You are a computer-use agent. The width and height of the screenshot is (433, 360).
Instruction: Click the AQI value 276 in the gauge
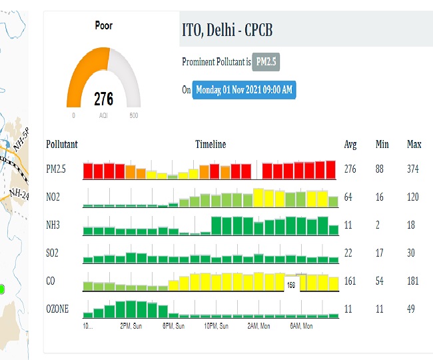point(103,99)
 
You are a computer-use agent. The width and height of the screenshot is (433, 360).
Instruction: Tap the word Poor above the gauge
point(103,26)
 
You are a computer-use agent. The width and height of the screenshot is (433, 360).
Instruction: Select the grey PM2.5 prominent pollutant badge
point(266,62)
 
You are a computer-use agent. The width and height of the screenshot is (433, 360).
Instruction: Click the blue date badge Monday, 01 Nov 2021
point(244,89)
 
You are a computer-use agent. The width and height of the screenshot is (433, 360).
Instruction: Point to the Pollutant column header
point(62,144)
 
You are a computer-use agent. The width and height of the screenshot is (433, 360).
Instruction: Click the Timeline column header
point(211,144)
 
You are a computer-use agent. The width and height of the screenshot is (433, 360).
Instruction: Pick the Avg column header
point(350,144)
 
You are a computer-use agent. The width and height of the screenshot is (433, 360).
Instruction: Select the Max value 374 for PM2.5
point(413,169)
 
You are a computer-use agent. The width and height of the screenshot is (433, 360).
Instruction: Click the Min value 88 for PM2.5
point(380,169)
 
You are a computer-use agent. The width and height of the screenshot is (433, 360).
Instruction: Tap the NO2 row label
point(54,197)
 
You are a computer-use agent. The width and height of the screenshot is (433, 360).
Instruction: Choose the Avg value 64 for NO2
point(348,197)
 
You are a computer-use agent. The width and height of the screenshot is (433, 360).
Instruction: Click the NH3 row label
point(54,225)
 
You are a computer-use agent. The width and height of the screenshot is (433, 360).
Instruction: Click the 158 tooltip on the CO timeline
point(291,285)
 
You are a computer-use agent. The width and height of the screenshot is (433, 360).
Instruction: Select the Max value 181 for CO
point(413,281)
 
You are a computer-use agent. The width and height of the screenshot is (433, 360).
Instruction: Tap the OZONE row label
point(58,309)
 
